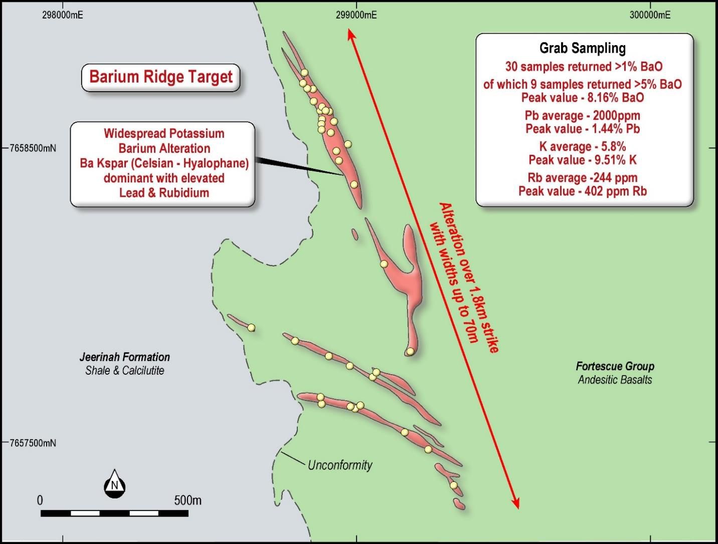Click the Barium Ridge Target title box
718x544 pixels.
(x=161, y=77)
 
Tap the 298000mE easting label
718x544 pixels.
(x=62, y=15)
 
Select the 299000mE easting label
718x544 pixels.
(x=356, y=15)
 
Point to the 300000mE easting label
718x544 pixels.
(x=650, y=15)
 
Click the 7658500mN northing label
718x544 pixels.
(x=33, y=148)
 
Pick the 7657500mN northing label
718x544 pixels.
(x=33, y=443)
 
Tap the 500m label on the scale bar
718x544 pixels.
(x=188, y=500)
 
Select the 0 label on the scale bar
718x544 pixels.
(x=40, y=500)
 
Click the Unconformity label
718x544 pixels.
(x=340, y=465)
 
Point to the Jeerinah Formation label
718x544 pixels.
(x=124, y=357)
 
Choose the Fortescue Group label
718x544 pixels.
(x=615, y=366)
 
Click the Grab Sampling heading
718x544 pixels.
(x=582, y=48)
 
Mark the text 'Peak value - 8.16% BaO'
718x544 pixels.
(x=582, y=97)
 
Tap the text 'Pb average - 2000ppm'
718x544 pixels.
(x=582, y=116)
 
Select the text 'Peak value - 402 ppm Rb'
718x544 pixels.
(x=582, y=191)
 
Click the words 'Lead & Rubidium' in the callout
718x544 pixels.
(x=164, y=193)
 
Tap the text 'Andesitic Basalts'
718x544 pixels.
(x=615, y=380)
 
